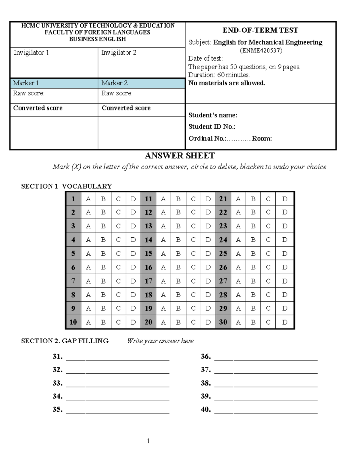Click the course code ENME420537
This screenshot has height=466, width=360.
(x=261, y=50)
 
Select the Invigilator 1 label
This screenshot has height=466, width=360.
(x=31, y=53)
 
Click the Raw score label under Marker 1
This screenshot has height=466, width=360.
(x=28, y=93)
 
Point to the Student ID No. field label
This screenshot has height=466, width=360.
(x=212, y=127)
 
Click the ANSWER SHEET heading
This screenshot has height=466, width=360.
(x=180, y=156)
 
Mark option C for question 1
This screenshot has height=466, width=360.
(x=118, y=199)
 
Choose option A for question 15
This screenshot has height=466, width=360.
(x=163, y=254)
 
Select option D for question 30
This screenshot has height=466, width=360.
(x=285, y=322)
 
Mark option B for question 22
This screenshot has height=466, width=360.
(x=253, y=212)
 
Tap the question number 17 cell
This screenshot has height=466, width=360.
(x=148, y=281)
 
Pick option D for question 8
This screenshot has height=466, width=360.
(x=133, y=295)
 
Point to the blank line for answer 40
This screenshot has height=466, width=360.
(x=266, y=411)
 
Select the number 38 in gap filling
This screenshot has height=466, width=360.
(x=205, y=383)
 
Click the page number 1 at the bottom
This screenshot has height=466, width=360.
(x=148, y=441)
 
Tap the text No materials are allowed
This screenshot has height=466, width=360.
(x=226, y=83)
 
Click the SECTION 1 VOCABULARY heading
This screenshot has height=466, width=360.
(x=66, y=186)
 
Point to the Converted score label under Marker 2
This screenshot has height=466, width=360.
(x=126, y=108)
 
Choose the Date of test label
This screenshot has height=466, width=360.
(x=205, y=59)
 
